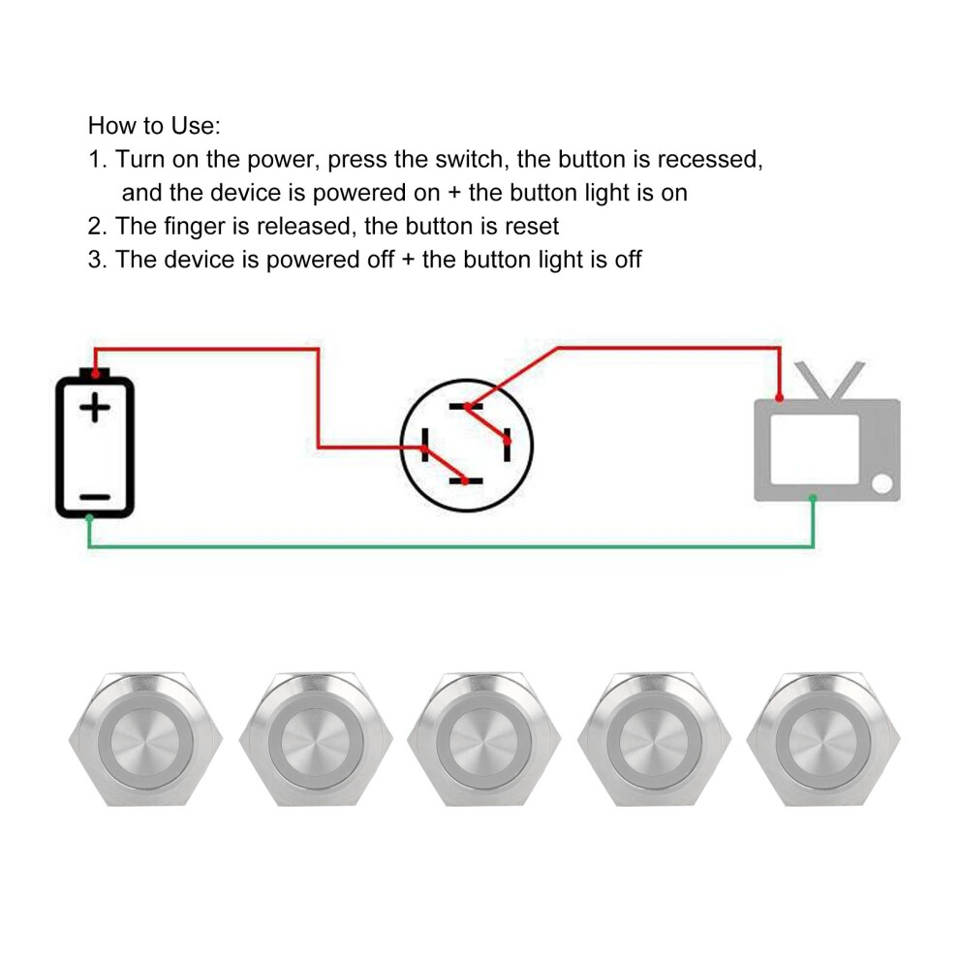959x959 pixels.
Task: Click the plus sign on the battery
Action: [x=95, y=407]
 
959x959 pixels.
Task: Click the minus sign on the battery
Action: [x=95, y=497]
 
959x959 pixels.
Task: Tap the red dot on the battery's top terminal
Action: [x=95, y=373]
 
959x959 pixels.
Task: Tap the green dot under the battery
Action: [x=89, y=518]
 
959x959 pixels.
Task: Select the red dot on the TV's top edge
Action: [x=779, y=397]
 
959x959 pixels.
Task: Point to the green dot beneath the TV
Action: [x=813, y=499]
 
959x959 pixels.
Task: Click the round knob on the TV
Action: [x=882, y=483]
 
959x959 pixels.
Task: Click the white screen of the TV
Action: [x=815, y=449]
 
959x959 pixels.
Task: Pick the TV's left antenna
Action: [x=813, y=381]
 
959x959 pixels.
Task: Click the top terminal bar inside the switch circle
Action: [x=466, y=406]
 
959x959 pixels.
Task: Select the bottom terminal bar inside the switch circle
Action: [x=466, y=480]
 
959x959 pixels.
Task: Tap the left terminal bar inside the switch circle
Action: [x=424, y=445]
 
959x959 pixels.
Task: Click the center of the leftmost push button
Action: [x=145, y=740]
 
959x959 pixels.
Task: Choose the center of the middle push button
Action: [x=483, y=740]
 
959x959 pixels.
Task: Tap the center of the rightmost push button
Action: [x=823, y=740]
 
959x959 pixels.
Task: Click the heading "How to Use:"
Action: [x=154, y=125]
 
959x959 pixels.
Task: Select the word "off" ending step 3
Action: [x=628, y=260]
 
